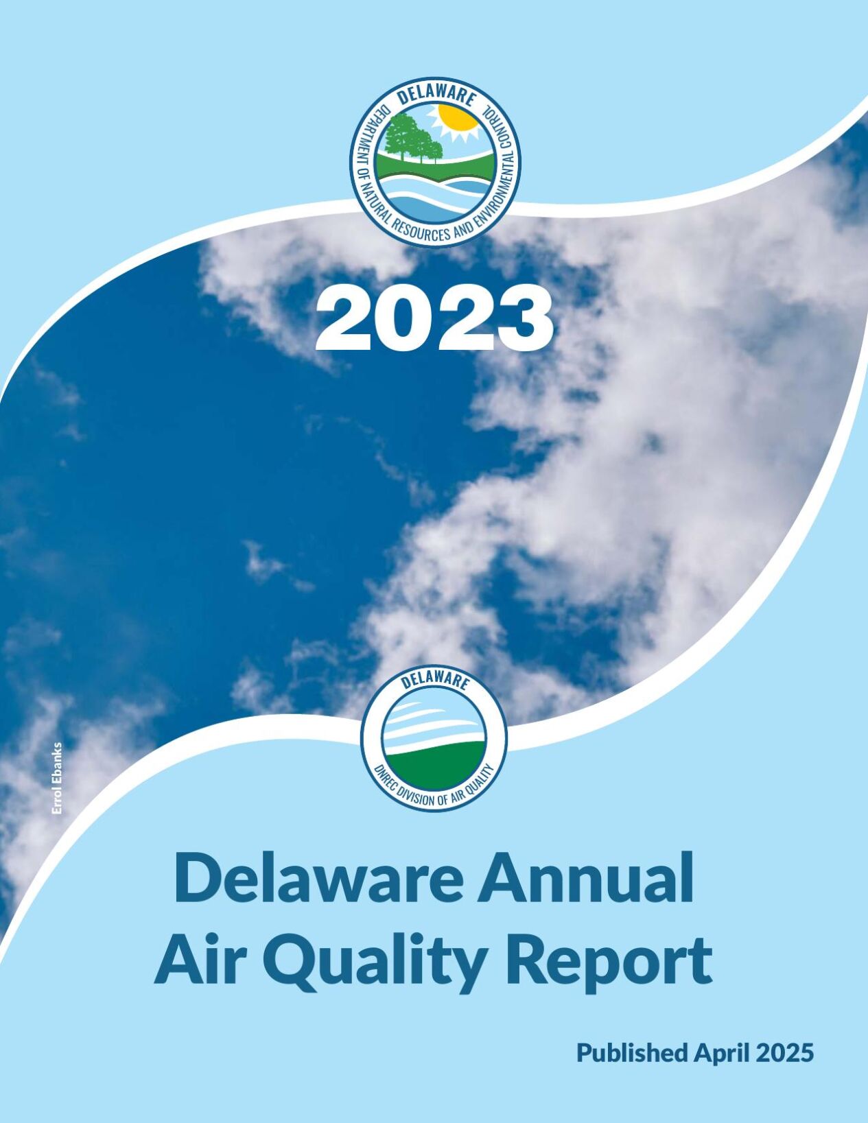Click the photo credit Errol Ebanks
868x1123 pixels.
[57, 779]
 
